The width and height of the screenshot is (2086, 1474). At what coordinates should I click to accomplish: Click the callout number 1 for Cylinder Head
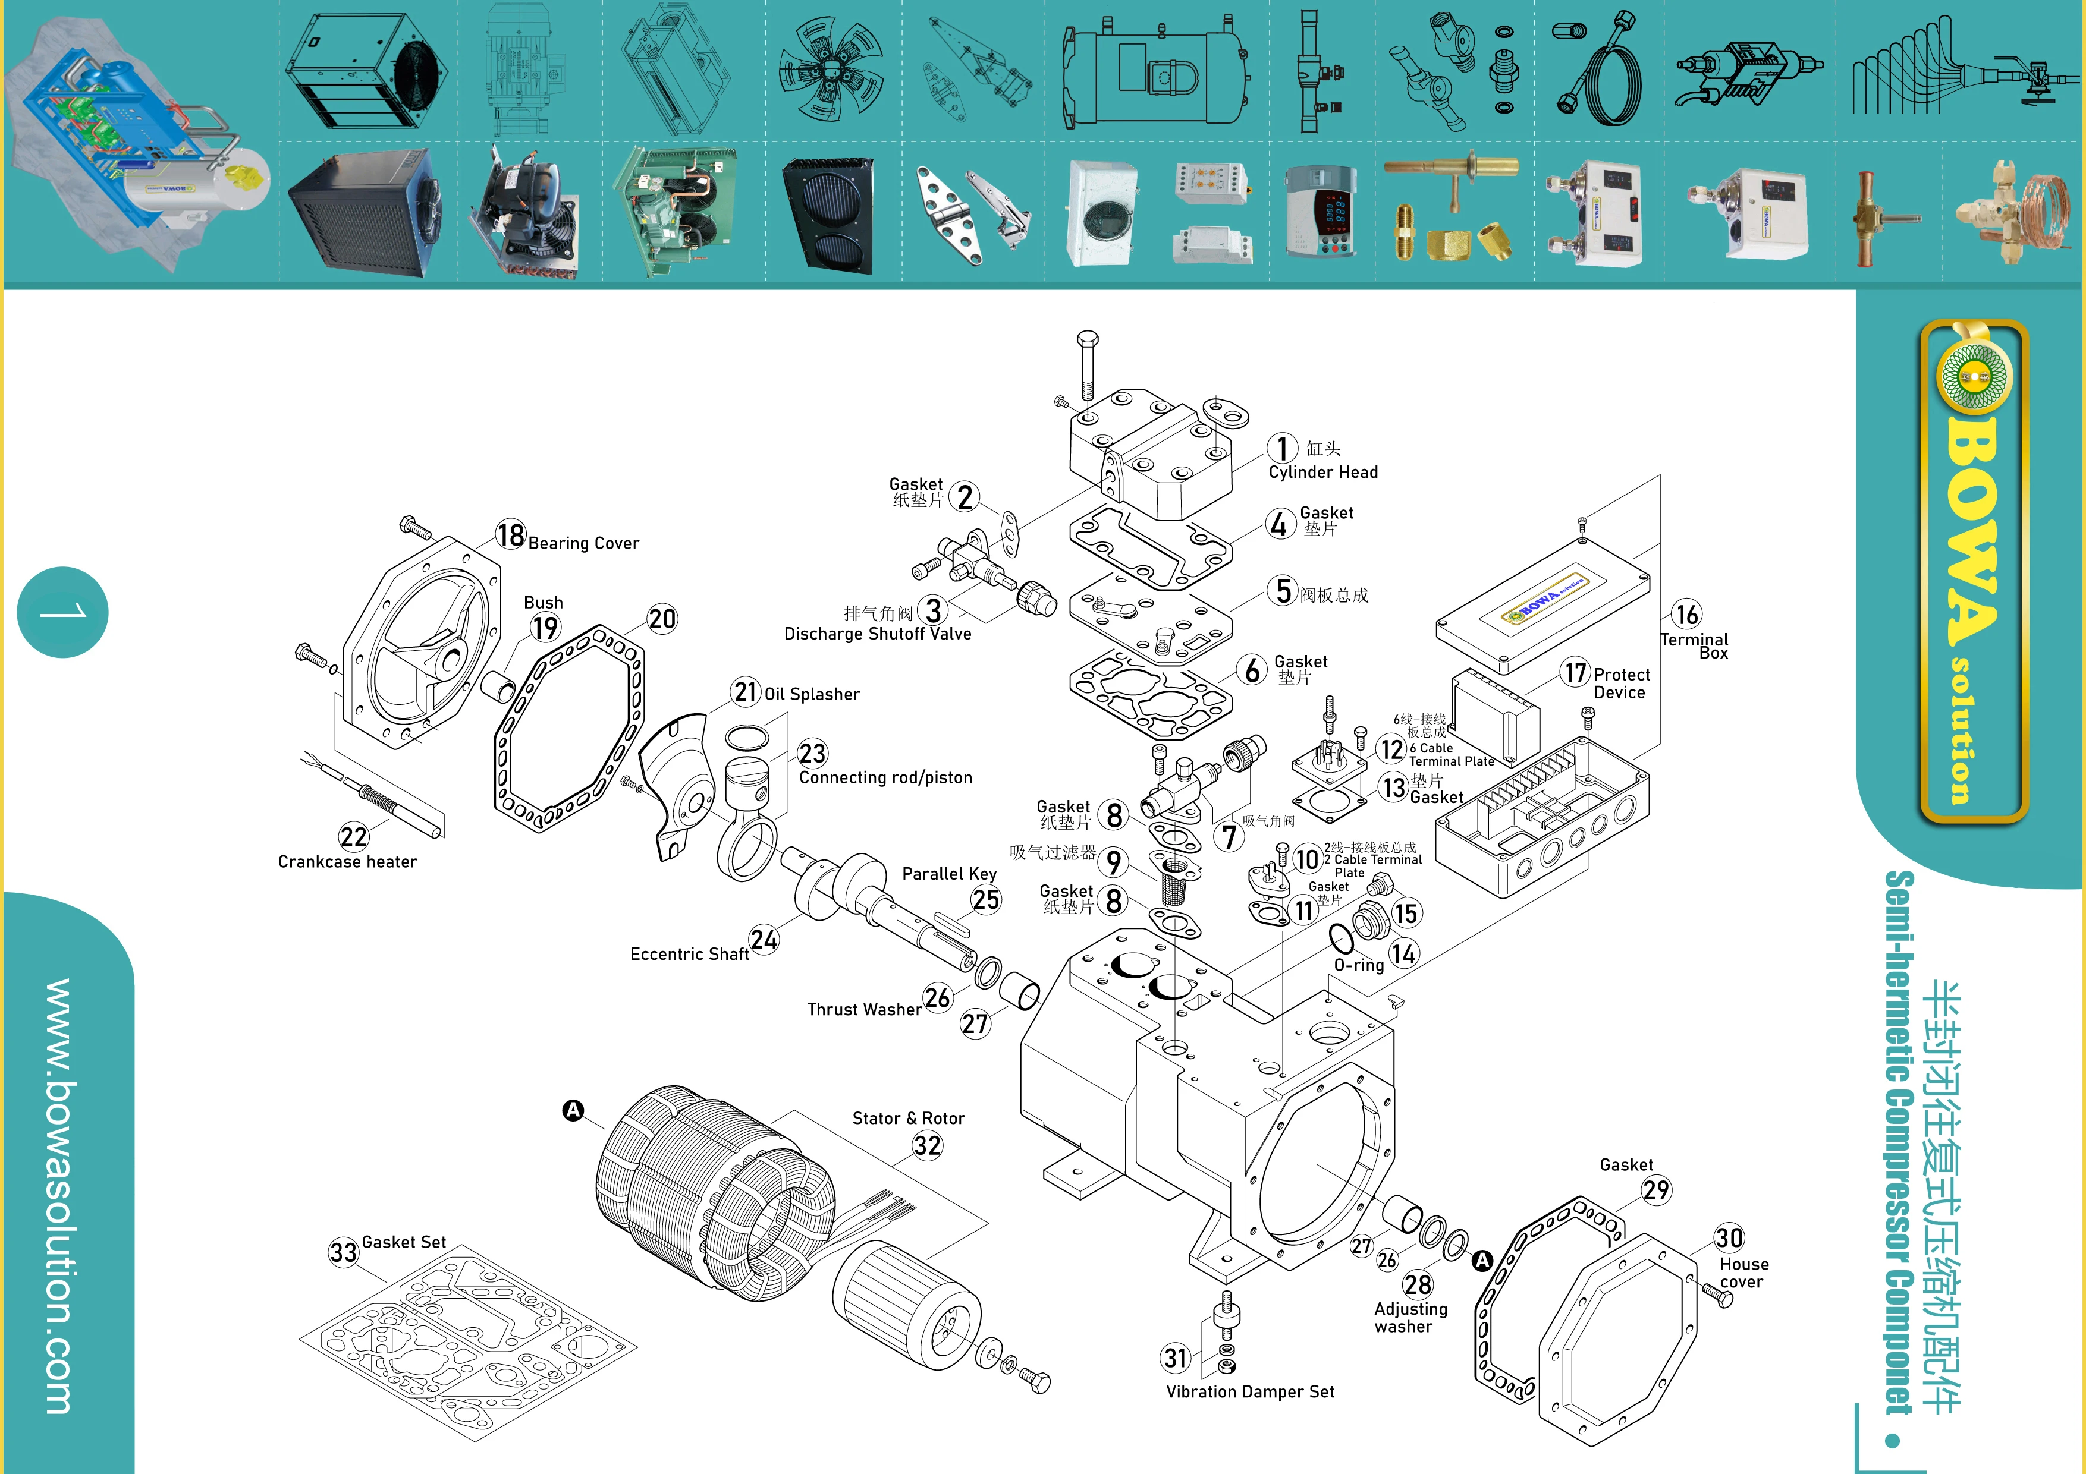[1282, 448]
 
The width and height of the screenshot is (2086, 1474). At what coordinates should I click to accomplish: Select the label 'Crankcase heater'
[347, 862]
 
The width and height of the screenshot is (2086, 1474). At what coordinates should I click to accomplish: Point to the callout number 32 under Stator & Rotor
[928, 1145]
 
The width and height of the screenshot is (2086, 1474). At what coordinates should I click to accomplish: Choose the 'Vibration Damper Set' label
[1250, 1391]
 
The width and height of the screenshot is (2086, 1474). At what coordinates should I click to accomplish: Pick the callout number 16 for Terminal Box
[1686, 615]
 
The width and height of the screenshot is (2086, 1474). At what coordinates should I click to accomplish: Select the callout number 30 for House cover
[1729, 1238]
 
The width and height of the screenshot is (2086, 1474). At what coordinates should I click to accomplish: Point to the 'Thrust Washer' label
[864, 1010]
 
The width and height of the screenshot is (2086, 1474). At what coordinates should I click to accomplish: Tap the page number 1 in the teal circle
[62, 612]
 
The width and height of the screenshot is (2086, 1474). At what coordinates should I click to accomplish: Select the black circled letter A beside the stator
[573, 1110]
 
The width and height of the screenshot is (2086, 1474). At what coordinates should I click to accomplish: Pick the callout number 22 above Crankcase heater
[353, 836]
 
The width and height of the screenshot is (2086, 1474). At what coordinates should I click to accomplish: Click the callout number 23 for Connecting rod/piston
[812, 753]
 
